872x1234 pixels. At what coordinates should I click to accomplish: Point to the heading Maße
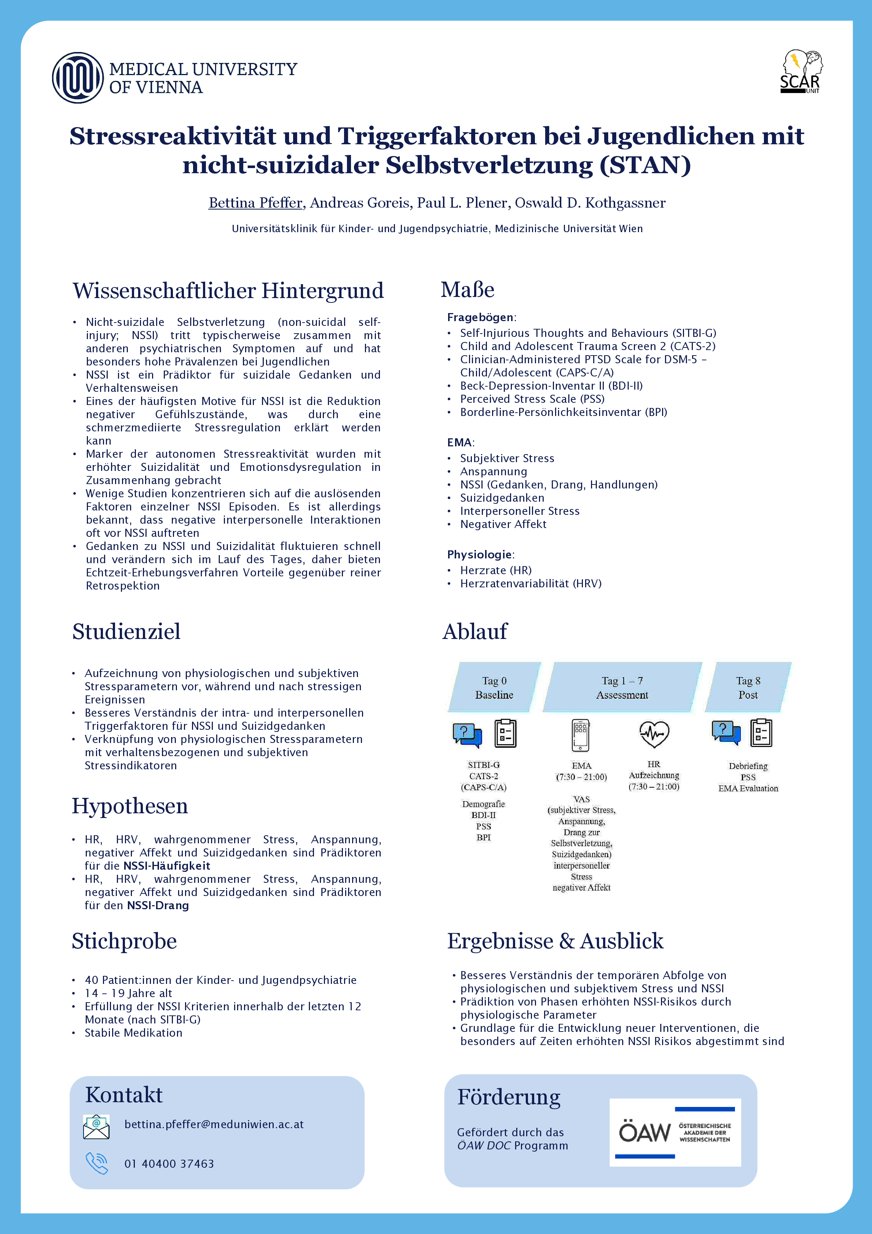coord(467,290)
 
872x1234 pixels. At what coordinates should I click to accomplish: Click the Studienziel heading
coord(126,632)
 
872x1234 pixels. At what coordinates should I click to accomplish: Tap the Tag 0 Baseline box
coord(494,687)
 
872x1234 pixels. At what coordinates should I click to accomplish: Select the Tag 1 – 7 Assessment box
coord(622,687)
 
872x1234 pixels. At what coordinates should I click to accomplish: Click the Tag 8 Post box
coord(748,687)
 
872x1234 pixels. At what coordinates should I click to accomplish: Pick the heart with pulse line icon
coord(654,734)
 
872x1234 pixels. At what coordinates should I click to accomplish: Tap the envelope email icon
coord(96,1126)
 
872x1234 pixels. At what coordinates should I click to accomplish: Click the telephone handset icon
coord(97,1163)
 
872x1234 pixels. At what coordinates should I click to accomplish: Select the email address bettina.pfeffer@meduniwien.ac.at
coord(214,1125)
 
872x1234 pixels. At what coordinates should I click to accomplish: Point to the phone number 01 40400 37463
coord(169,1164)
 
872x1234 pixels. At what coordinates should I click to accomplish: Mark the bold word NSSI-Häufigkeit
coord(167,866)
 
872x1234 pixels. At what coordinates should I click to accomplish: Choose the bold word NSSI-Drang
coord(158,906)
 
